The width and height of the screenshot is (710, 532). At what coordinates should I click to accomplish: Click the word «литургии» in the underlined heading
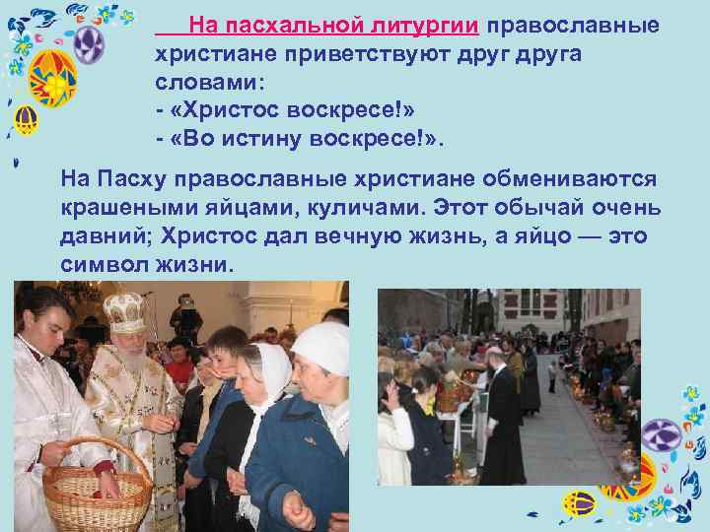pyautogui.click(x=428, y=25)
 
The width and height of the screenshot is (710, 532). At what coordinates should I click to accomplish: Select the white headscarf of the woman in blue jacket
pyautogui.click(x=322, y=349)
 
